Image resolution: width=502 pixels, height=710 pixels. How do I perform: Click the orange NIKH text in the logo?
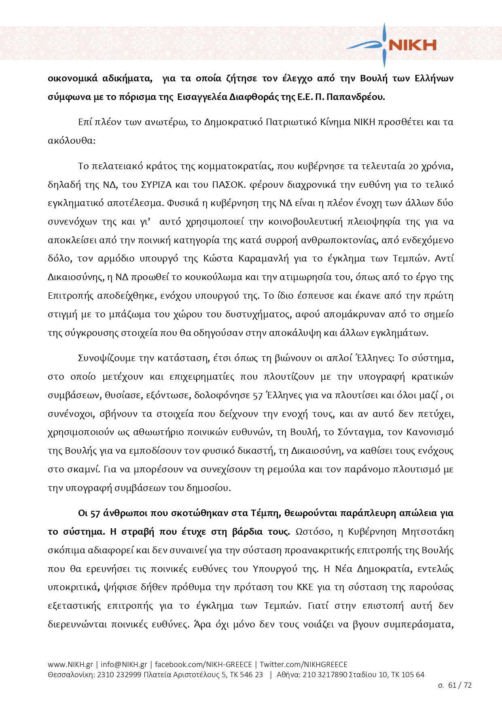[x=412, y=45]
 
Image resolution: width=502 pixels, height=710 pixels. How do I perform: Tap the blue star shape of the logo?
[x=384, y=45]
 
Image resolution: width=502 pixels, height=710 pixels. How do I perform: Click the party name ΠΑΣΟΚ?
[x=228, y=185]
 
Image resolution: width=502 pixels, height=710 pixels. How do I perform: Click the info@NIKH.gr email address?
[x=124, y=665]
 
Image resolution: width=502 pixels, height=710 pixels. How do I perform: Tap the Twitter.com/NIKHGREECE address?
[x=303, y=665]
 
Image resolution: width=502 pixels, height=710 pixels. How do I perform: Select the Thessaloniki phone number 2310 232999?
[x=119, y=675]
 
